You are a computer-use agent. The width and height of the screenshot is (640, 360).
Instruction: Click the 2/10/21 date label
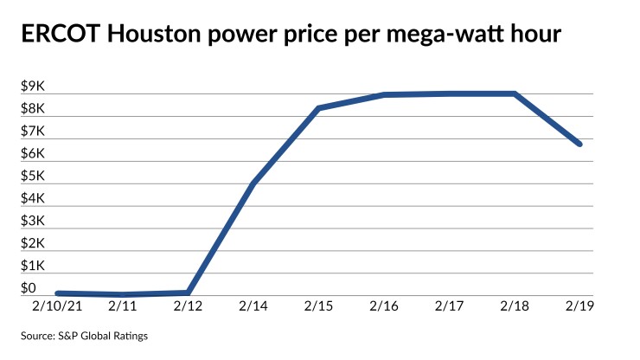(x=58, y=305)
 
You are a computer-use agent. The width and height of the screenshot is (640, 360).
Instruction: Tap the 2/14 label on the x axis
(x=253, y=305)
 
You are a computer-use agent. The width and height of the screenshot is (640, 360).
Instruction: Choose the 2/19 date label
(x=580, y=305)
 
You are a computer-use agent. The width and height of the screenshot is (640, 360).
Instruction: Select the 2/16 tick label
(x=384, y=305)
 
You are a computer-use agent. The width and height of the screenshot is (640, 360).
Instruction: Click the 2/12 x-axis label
(x=188, y=305)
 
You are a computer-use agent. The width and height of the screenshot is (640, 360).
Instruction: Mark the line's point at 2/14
(x=253, y=183)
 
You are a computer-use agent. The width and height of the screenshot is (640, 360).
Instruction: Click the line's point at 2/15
(x=318, y=108)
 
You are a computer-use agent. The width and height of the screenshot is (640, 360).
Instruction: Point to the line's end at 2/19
(x=579, y=144)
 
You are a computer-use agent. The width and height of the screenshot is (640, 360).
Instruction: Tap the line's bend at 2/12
(x=188, y=292)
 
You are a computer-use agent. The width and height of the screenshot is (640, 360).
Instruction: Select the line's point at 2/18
(x=515, y=93)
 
